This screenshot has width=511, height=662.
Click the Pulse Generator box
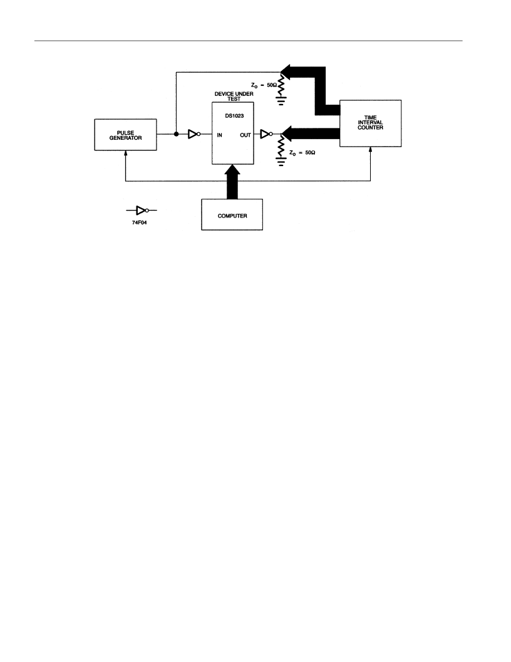tap(125, 135)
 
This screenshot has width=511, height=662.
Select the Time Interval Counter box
tap(370, 123)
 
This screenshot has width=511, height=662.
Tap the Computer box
tap(232, 214)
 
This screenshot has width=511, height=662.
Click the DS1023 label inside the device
tap(234, 116)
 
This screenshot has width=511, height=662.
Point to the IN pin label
tap(219, 135)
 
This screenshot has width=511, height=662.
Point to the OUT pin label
tap(245, 135)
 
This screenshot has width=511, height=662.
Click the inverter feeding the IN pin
tap(194, 134)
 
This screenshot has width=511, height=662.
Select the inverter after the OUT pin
tap(267, 134)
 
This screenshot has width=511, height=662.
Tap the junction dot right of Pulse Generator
tap(176, 134)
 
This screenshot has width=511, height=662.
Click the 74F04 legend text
tap(140, 223)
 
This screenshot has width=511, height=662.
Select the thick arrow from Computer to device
tap(232, 182)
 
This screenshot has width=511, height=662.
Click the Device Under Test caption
tap(234, 97)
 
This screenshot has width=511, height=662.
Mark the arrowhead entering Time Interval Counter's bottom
tap(371, 149)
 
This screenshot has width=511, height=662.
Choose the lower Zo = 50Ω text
tap(302, 152)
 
